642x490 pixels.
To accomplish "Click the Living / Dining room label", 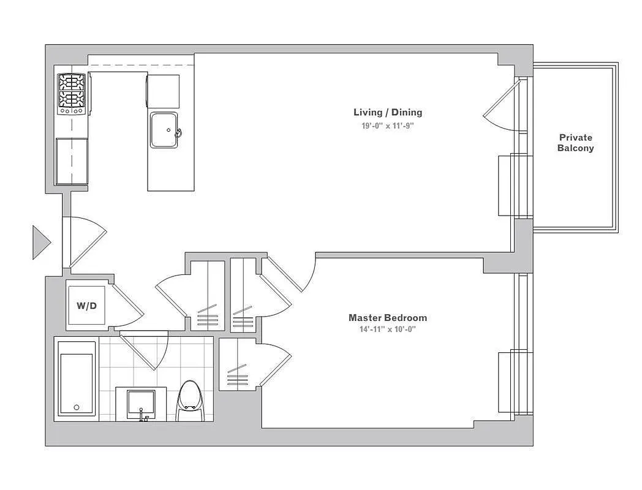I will [387, 112].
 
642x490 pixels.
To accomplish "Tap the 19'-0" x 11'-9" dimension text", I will [387, 126].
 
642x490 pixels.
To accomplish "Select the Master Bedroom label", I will [387, 317].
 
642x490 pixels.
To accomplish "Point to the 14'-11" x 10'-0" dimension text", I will [387, 330].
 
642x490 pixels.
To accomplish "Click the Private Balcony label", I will [575, 143].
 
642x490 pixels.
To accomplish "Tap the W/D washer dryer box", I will [86, 306].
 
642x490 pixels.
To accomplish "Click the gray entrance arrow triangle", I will [40, 242].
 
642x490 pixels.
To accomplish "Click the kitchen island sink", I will [164, 130].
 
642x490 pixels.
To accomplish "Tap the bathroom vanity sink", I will [142, 403].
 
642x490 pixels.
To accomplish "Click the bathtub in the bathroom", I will [76, 379].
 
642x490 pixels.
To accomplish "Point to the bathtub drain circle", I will [76, 407].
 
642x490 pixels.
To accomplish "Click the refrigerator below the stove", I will [72, 161].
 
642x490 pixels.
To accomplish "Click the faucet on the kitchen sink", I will [178, 132].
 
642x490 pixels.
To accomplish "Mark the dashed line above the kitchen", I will [141, 65].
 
